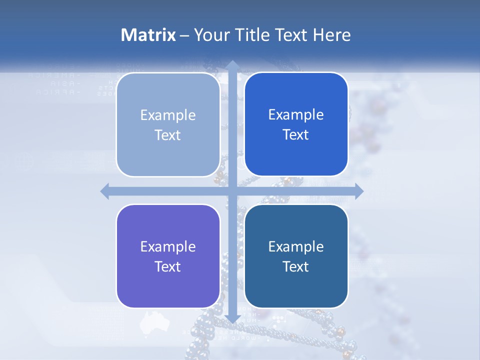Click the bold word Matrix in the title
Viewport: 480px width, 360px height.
click(x=148, y=35)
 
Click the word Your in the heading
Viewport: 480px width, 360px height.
click(x=210, y=35)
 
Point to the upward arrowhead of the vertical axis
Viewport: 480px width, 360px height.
click(x=232, y=65)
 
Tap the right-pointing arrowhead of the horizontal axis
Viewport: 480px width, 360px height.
click(x=358, y=191)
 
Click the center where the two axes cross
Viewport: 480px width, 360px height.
click(x=232, y=191)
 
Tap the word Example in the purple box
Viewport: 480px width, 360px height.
click(x=168, y=246)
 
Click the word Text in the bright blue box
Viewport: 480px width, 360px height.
click(x=296, y=135)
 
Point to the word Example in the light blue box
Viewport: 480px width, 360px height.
click(x=168, y=115)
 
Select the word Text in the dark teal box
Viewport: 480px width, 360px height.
click(x=296, y=266)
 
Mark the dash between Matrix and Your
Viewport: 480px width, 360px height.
click(x=184, y=35)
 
